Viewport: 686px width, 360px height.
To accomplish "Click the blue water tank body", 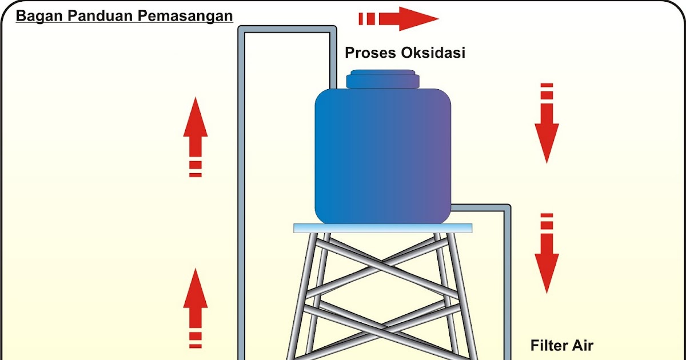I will [x=383, y=154].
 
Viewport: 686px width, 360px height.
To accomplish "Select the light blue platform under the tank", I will [x=383, y=228].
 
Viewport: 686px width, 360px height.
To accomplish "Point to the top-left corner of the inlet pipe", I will [x=242, y=29].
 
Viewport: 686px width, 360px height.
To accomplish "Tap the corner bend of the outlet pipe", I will [x=507, y=207].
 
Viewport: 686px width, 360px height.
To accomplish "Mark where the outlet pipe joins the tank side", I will [x=452, y=207].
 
